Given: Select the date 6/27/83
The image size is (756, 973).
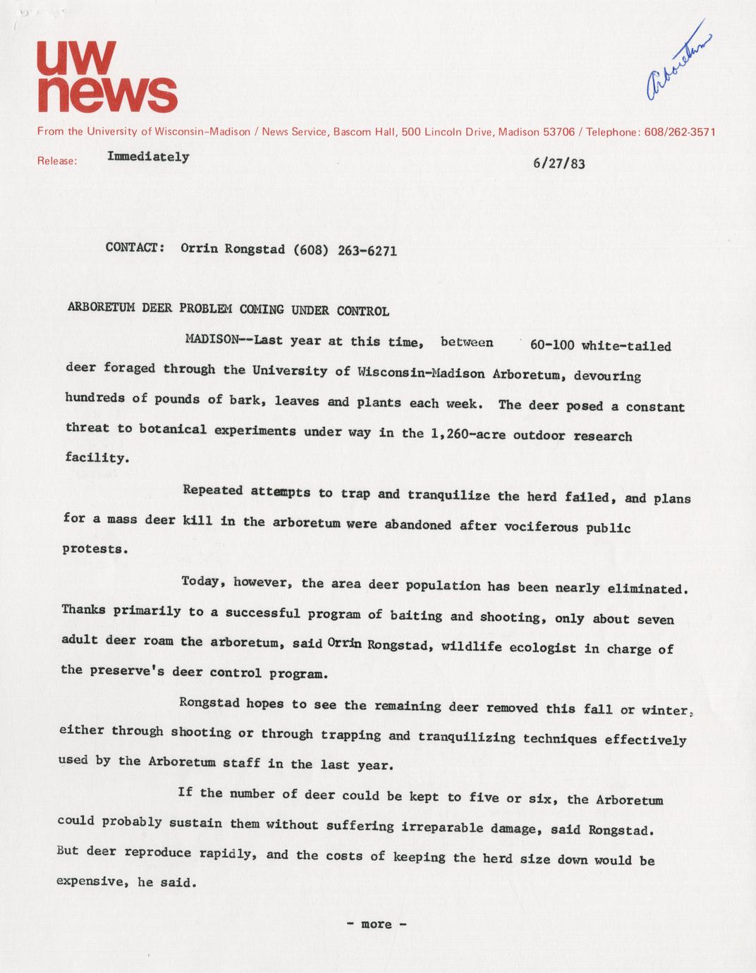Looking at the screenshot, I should pyautogui.click(x=559, y=164).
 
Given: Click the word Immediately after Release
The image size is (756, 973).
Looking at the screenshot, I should pyautogui.click(x=148, y=157).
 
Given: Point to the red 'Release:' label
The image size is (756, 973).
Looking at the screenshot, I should pyautogui.click(x=56, y=161).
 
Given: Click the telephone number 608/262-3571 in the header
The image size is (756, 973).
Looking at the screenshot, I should pyautogui.click(x=681, y=132).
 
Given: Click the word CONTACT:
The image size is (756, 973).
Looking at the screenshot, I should pyautogui.click(x=135, y=247).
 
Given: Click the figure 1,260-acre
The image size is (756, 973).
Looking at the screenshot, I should pyautogui.click(x=467, y=434).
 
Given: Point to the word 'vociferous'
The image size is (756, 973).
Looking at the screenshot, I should pyautogui.click(x=542, y=527).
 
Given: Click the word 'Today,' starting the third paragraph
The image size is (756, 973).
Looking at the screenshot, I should pyautogui.click(x=203, y=582).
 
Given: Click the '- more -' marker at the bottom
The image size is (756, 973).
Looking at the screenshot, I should pyautogui.click(x=377, y=924).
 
